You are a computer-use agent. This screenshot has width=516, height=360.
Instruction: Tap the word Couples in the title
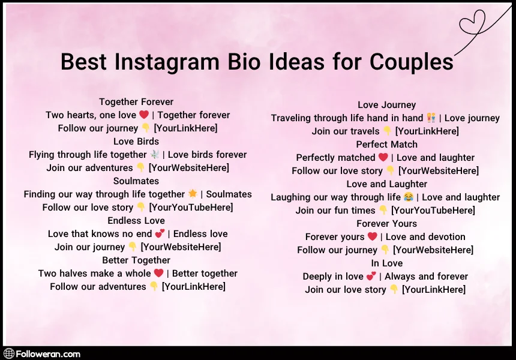[412, 62]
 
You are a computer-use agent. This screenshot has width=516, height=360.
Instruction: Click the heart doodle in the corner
[472, 23]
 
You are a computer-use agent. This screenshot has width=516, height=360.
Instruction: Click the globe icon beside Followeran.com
[8, 354]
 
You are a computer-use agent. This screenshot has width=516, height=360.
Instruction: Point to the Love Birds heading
[136, 142]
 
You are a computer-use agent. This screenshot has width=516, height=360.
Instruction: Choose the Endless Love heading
[136, 221]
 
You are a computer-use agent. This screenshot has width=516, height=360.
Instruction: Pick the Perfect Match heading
[386, 145]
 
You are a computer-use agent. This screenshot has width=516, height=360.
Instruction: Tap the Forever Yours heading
[386, 224]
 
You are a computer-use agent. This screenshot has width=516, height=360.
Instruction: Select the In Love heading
[386, 263]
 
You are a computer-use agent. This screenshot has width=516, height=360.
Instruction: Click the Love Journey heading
[386, 105]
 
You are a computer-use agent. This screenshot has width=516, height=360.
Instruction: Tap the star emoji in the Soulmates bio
[193, 194]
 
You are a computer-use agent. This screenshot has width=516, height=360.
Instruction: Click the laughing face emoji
[409, 197]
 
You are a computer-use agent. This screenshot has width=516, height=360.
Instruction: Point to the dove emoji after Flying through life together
[155, 155]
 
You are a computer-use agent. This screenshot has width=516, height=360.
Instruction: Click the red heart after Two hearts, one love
[144, 115]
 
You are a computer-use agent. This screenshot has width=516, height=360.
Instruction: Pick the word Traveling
[293, 118]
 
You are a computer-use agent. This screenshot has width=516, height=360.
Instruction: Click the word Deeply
[317, 277]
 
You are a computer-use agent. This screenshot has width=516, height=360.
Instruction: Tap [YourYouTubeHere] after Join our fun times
[433, 211]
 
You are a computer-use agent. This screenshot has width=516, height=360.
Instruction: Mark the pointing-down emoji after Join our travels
[388, 131]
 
